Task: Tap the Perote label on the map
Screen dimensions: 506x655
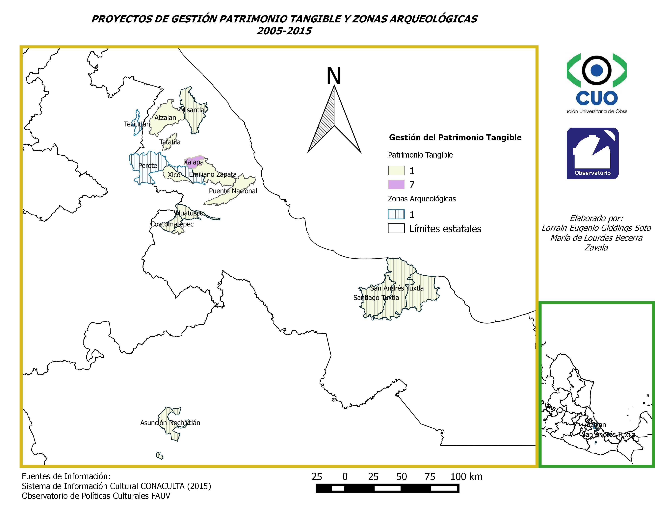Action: click(x=147, y=165)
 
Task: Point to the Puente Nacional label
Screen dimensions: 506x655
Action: click(x=233, y=191)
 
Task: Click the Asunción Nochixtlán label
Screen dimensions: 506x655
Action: click(x=170, y=423)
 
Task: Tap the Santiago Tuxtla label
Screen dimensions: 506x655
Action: click(x=376, y=298)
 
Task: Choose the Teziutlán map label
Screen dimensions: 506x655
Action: click(x=137, y=124)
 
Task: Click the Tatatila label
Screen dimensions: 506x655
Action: click(x=170, y=142)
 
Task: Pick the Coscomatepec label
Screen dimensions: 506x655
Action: click(x=172, y=224)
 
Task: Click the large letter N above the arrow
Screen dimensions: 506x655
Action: click(x=333, y=76)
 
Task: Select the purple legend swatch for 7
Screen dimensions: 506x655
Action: click(x=396, y=184)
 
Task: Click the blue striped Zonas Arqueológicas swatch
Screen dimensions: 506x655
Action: click(x=396, y=214)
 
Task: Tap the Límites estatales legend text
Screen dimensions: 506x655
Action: click(x=445, y=229)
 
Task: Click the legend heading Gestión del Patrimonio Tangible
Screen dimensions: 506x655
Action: click(x=455, y=138)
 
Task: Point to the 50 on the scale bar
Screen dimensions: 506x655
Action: click(x=401, y=477)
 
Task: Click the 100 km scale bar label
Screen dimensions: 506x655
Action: click(x=466, y=477)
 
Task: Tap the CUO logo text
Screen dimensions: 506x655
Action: click(x=596, y=98)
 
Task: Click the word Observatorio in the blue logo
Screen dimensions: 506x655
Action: click(x=592, y=173)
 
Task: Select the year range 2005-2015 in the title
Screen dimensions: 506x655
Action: click(x=284, y=31)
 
